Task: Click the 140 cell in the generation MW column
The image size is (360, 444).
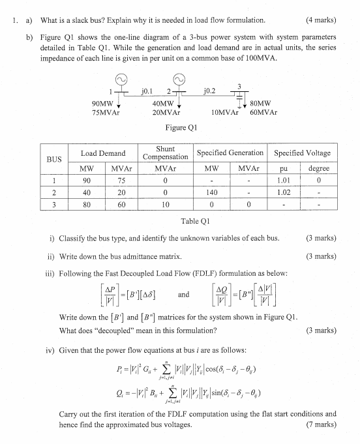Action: click(211, 192)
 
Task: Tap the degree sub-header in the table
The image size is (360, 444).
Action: click(318, 168)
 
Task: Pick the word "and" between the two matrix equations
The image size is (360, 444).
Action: click(183, 294)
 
